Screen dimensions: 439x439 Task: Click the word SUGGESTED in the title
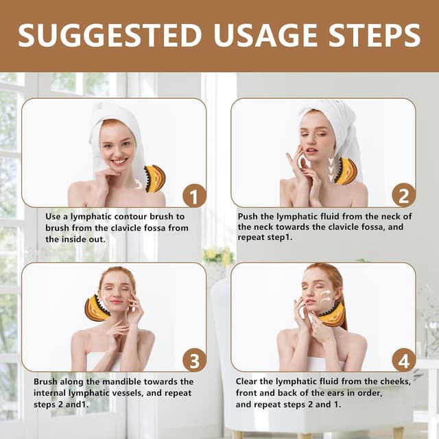click(x=110, y=35)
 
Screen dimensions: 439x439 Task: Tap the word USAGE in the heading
click(x=265, y=35)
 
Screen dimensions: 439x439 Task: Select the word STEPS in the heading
click(x=375, y=35)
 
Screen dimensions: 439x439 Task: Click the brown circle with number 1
click(x=194, y=196)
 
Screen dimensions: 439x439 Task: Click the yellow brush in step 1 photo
click(x=155, y=178)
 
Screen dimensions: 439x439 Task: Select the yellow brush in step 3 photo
click(x=97, y=308)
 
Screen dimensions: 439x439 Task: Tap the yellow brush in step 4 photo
click(x=333, y=315)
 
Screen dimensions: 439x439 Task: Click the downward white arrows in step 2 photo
click(x=331, y=169)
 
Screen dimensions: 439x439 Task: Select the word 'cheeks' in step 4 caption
click(x=395, y=381)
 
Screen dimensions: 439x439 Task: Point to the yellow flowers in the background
click(x=218, y=255)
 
